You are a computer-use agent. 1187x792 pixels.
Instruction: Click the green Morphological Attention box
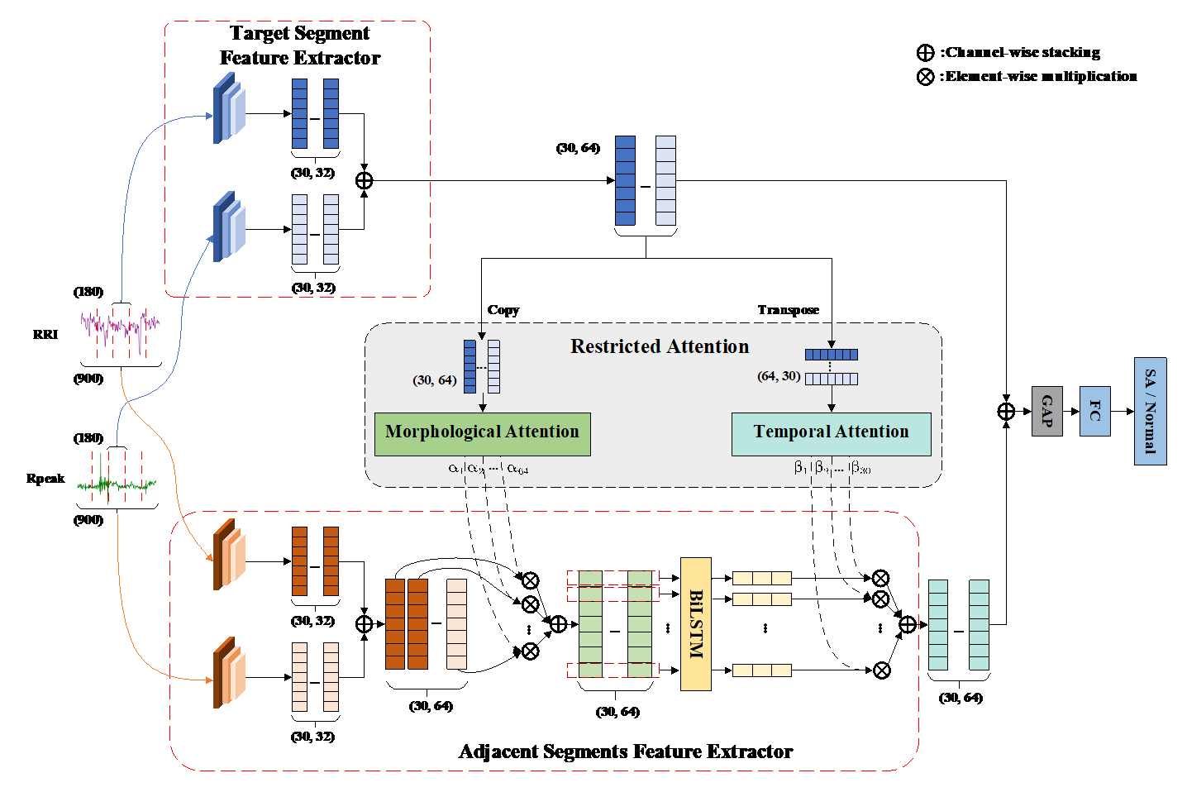pos(482,434)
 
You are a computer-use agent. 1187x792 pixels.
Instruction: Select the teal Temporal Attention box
pos(831,434)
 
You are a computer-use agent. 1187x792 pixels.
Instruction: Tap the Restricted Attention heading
pos(659,346)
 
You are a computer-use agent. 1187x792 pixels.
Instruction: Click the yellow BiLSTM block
pos(695,623)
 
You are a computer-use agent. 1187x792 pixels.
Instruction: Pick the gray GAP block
pos(1046,411)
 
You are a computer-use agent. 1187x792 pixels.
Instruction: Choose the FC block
pos(1094,411)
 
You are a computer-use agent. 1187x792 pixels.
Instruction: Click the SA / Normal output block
pos(1150,411)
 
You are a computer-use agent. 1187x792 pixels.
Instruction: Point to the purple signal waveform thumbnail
pos(122,333)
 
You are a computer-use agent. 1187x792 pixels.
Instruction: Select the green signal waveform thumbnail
pos(117,479)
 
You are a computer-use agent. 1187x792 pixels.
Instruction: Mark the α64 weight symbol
pos(517,469)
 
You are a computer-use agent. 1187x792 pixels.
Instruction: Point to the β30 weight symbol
pos(860,468)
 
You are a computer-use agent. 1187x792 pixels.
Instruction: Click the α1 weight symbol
pos(455,469)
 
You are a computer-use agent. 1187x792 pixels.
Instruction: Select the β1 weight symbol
pos(800,468)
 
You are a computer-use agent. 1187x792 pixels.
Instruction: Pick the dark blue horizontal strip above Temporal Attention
pos(831,355)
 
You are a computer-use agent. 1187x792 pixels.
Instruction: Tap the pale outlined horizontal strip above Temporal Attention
pos(831,379)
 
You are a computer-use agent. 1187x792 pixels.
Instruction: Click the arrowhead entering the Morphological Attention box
pos(483,408)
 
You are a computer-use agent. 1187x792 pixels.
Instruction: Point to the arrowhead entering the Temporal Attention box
pos(832,408)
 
